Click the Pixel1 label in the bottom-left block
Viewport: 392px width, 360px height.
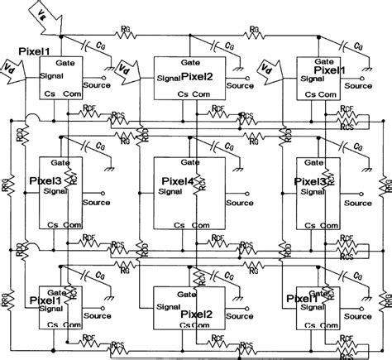(48, 300)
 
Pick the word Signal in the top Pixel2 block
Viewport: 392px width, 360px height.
(170, 80)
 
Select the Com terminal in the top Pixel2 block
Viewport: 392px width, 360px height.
(203, 95)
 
